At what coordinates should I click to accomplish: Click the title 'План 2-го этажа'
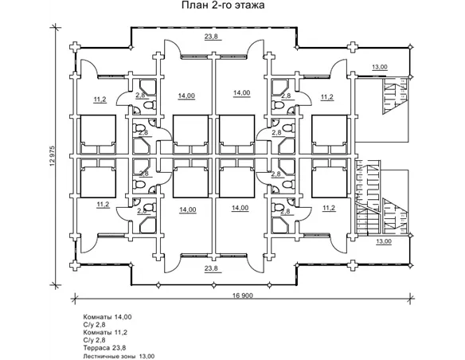[223, 5]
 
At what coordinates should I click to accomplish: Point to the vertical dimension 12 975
[53, 156]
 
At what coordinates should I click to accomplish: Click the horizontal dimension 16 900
[243, 295]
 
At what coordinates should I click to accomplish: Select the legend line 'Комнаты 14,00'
[107, 317]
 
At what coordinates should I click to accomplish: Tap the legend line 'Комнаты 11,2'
[105, 332]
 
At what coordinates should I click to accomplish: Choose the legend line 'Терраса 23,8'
[104, 348]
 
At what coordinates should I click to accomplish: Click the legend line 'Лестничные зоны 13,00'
[119, 356]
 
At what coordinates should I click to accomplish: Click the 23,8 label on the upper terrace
[211, 37]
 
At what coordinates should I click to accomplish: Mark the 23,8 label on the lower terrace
[211, 268]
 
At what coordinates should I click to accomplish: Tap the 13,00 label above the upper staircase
[380, 67]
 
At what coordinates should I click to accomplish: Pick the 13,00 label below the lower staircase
[384, 241]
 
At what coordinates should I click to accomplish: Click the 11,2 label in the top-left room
[100, 100]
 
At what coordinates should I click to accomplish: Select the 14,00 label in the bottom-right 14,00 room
[240, 208]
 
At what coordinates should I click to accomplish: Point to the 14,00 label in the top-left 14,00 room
[186, 96]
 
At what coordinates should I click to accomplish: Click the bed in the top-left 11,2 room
[98, 135]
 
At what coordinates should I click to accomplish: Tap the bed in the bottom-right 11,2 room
[330, 178]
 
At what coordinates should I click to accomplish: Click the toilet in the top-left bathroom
[150, 104]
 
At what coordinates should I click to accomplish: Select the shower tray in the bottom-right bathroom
[280, 225]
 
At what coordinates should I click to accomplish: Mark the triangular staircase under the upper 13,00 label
[395, 96]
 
